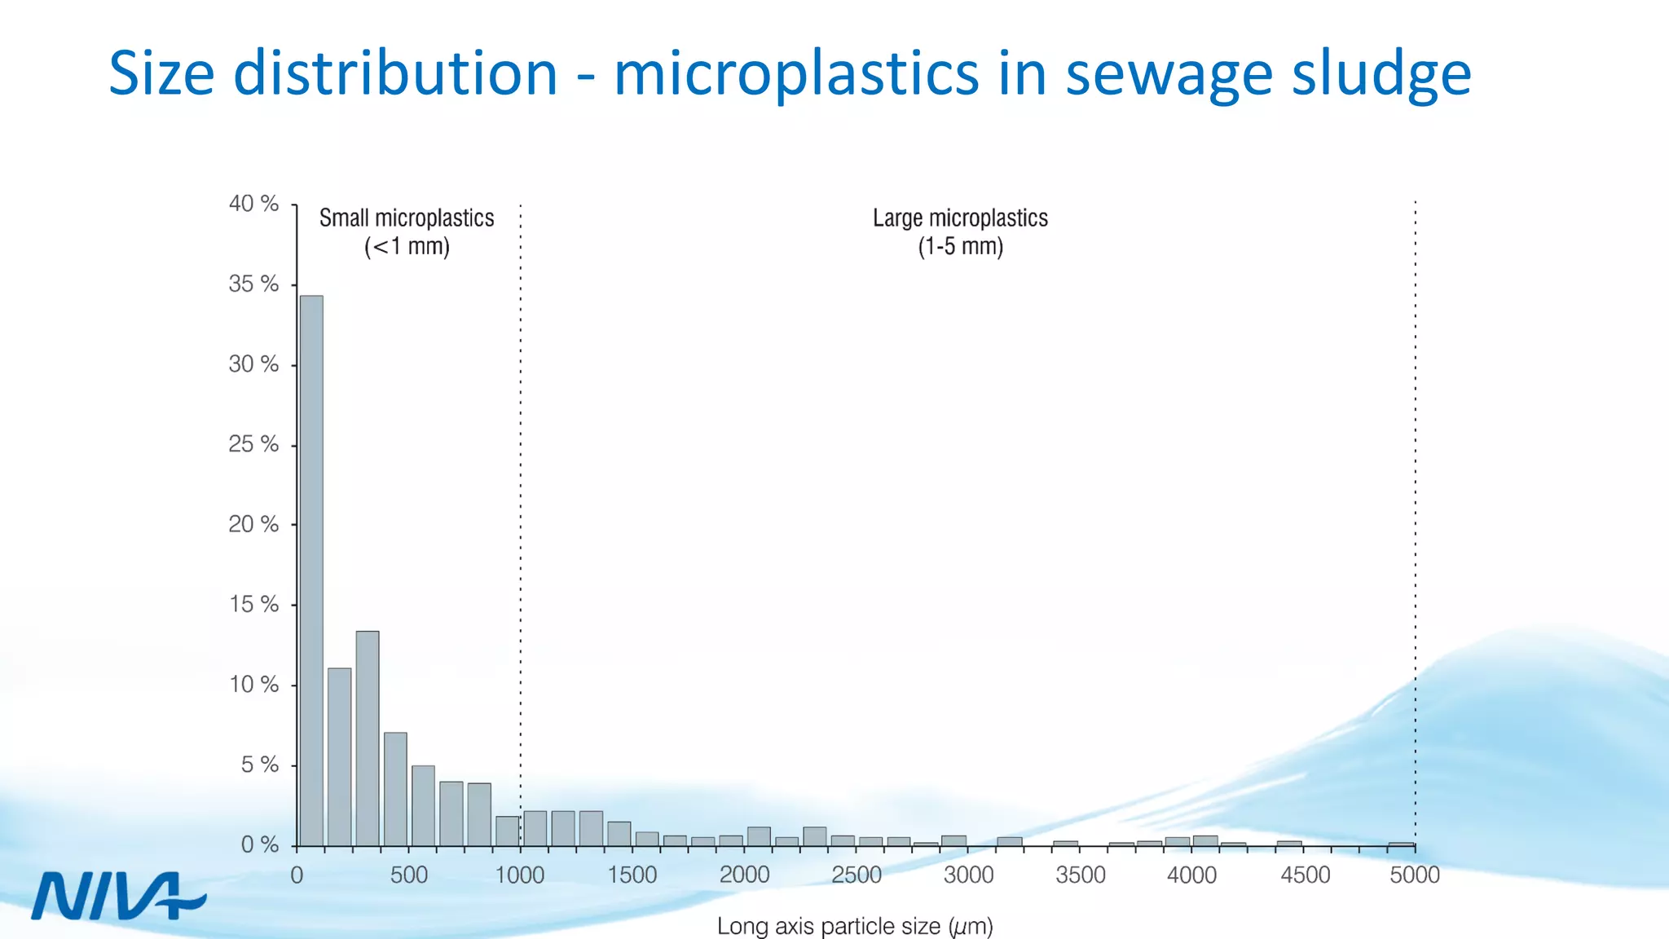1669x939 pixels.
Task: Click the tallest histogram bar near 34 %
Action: [x=311, y=571]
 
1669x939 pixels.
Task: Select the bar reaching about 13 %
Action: [x=368, y=738]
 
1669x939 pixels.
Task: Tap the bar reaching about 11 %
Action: [x=340, y=756]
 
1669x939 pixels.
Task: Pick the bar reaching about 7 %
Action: [x=395, y=789]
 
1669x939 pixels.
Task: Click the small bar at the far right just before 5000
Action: [x=1401, y=844]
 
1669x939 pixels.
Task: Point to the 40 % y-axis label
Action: [x=253, y=204]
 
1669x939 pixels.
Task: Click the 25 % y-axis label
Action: [x=253, y=444]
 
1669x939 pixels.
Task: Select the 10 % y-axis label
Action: [x=253, y=685]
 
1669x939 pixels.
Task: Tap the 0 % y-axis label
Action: [x=259, y=845]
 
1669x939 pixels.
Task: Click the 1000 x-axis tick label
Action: [x=520, y=875]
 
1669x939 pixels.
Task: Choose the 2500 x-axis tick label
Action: [x=856, y=875]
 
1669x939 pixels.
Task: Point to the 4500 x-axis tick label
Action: [x=1305, y=875]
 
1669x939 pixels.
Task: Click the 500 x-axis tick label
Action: [x=408, y=875]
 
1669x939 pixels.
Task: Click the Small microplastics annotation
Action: [x=407, y=231]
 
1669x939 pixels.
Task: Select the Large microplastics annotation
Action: [x=960, y=231]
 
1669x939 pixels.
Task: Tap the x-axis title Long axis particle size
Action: [x=854, y=927]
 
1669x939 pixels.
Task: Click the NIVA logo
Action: [x=118, y=896]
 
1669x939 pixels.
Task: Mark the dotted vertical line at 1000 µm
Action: [x=521, y=489]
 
